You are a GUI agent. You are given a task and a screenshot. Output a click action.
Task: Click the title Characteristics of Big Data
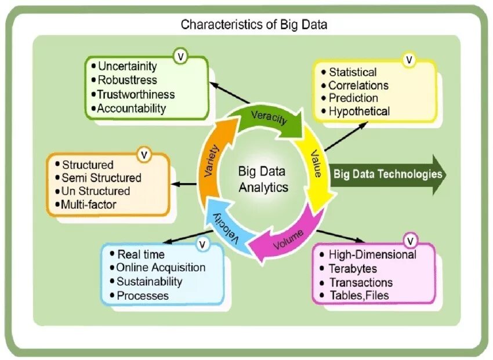point(254,24)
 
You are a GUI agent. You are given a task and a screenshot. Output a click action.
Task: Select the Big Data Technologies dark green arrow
point(387,174)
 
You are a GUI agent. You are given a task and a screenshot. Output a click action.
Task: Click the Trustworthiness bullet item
point(136,94)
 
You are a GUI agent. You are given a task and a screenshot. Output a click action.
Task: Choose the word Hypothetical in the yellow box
point(359,111)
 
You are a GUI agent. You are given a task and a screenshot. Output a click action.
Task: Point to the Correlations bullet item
point(358,85)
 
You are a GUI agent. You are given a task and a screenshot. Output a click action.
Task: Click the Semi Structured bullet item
point(101,178)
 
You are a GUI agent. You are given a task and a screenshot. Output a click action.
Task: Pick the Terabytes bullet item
point(353,269)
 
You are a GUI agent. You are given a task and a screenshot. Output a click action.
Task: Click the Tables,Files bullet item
point(358,296)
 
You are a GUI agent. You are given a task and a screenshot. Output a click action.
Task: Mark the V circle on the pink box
point(411,240)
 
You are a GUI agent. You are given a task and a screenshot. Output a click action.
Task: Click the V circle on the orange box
point(144,155)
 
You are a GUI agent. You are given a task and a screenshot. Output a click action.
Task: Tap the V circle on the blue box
point(202,245)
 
